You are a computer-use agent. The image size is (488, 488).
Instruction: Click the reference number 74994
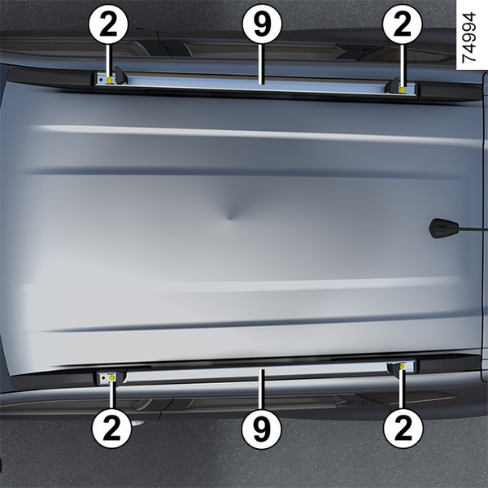[x=469, y=37]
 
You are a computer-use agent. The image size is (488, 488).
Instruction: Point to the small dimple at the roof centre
[x=229, y=217]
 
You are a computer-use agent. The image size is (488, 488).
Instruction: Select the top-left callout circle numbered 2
[x=108, y=24]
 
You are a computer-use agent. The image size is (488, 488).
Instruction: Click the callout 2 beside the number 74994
[x=403, y=24]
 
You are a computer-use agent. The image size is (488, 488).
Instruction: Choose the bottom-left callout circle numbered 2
[x=111, y=429]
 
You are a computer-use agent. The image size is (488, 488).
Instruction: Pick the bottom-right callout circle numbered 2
[x=403, y=429]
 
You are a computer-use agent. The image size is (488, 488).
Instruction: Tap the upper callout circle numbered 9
[x=262, y=24]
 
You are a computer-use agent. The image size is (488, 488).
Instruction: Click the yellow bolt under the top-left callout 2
[x=110, y=81]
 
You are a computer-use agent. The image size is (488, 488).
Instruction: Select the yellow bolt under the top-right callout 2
[x=402, y=90]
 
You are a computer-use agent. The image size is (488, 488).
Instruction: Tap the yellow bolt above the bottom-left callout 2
[x=111, y=378]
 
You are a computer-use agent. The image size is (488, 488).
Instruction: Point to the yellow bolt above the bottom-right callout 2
[x=402, y=366]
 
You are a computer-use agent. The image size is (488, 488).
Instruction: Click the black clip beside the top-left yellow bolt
[x=120, y=76]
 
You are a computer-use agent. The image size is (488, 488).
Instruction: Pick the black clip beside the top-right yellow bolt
[x=392, y=86]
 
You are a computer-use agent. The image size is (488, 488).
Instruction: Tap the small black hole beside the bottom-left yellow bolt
[x=103, y=378]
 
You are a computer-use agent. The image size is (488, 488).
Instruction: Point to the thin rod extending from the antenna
[x=473, y=229]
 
